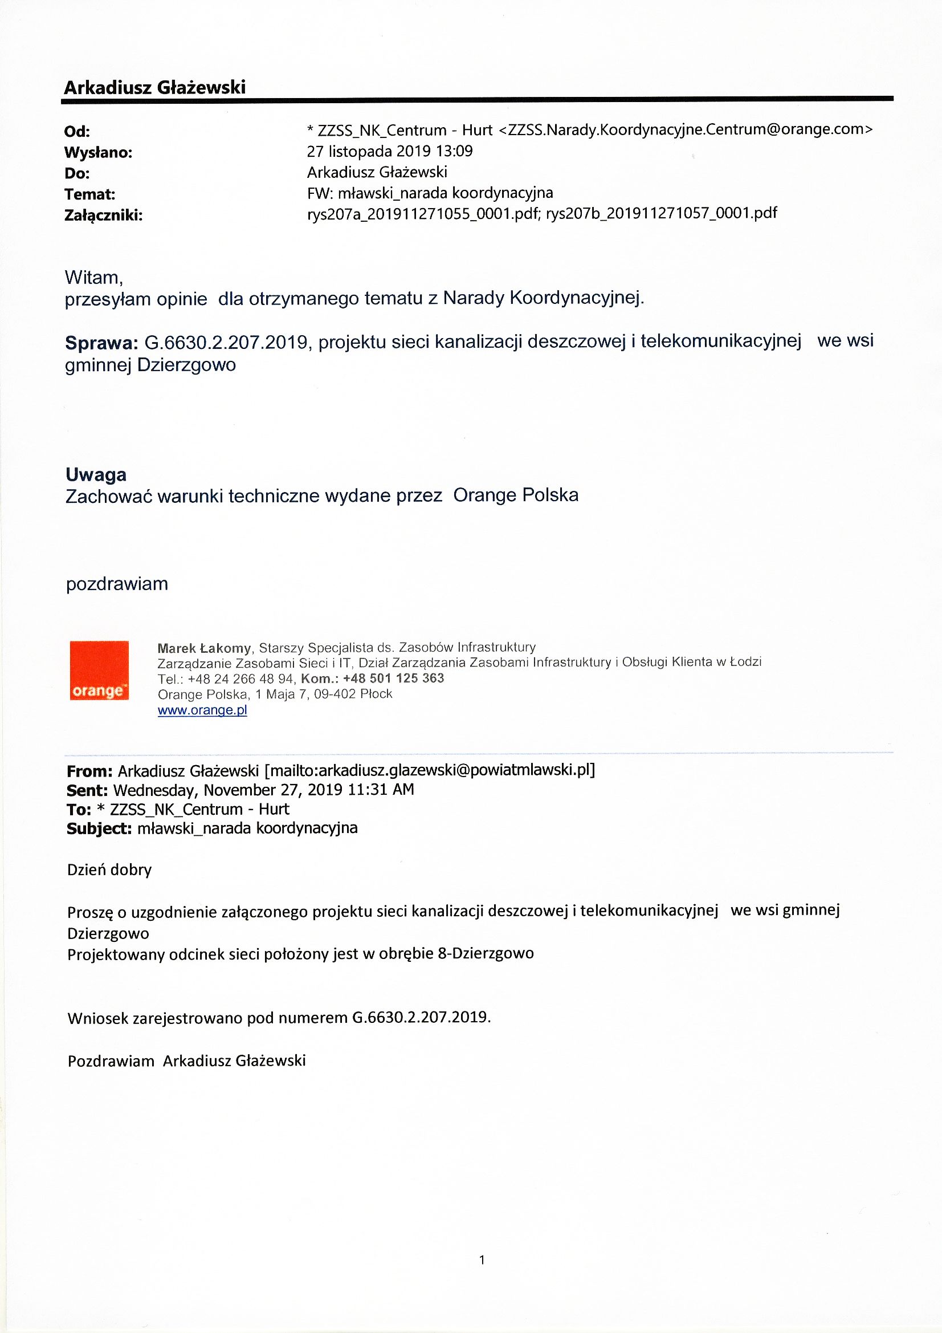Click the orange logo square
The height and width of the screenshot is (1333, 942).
(99, 670)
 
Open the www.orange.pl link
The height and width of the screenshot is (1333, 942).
(202, 710)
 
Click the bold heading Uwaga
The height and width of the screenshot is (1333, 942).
(96, 474)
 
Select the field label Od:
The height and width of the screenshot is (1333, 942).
(76, 132)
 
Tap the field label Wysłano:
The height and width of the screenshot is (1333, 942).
(98, 153)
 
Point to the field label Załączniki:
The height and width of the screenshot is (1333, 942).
(103, 216)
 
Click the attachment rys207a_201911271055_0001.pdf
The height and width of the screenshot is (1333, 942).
(422, 213)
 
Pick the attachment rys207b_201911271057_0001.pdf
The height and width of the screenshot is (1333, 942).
(661, 213)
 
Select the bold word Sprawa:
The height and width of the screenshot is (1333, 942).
(100, 343)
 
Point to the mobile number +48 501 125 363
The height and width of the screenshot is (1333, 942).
(394, 678)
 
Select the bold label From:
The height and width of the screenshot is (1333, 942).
(89, 771)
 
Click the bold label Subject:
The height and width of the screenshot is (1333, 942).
(99, 828)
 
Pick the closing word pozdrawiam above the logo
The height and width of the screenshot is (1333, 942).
(117, 583)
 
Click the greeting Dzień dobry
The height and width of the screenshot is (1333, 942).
(109, 869)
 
